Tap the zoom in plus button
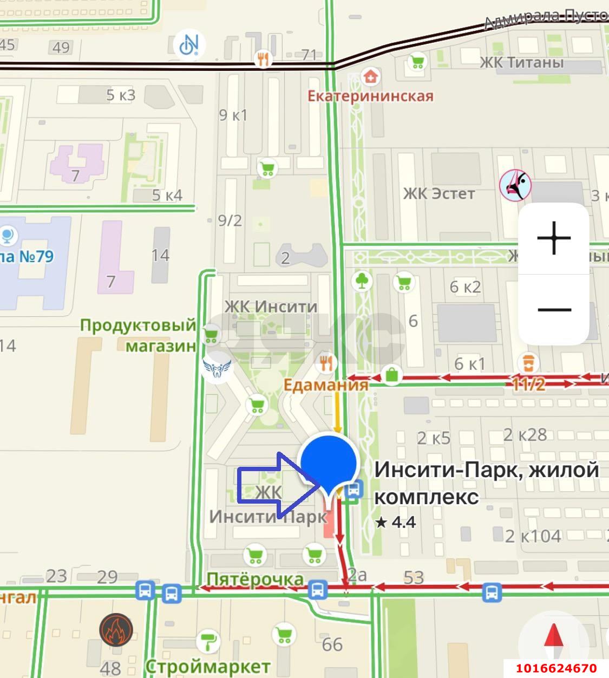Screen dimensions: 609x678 tap(554, 238)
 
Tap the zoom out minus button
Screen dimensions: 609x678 tap(554, 310)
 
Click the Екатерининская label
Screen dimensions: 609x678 tap(370, 96)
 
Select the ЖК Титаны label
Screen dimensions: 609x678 tap(521, 62)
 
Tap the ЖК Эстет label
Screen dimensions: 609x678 tap(438, 193)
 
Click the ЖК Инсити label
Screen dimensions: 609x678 tap(271, 307)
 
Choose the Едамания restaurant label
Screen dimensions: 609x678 tap(326, 384)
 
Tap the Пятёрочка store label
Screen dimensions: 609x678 tap(255, 579)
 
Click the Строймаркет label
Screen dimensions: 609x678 tap(207, 666)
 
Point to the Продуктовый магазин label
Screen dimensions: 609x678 tap(138, 335)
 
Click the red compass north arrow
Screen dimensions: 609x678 tap(553, 636)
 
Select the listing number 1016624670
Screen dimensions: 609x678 tap(556, 668)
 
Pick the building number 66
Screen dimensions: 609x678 tap(332, 644)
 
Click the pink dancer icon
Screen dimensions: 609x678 tap(515, 185)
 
